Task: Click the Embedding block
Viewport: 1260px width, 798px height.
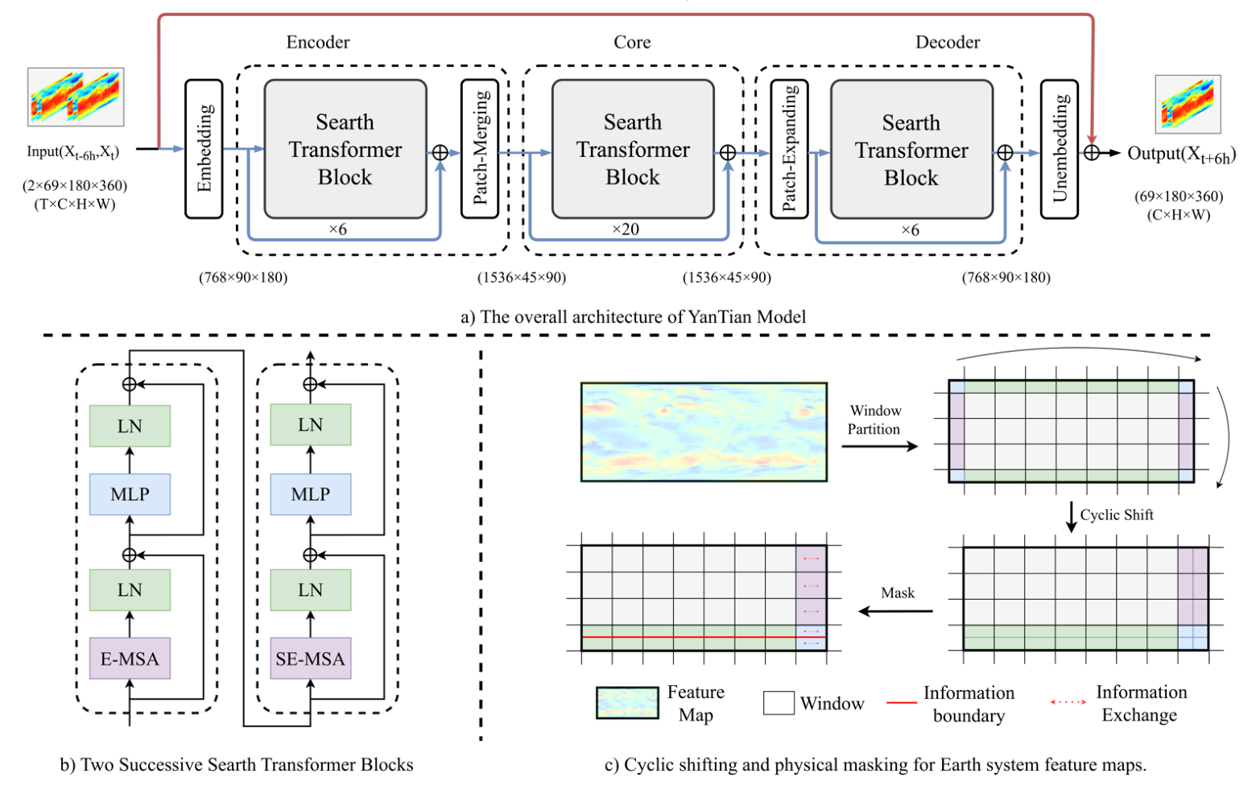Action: tap(204, 149)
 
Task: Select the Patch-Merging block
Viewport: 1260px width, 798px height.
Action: tap(480, 149)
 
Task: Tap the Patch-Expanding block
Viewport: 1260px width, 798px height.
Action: tap(789, 149)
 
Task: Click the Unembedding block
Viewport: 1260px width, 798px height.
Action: tap(1059, 149)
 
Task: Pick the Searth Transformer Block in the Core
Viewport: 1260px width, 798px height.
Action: tap(633, 149)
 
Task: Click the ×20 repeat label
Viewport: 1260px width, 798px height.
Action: tap(626, 229)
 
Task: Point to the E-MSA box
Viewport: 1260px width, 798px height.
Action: tap(130, 659)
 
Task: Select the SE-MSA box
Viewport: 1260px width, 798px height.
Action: tap(310, 659)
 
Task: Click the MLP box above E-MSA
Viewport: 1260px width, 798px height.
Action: tap(130, 494)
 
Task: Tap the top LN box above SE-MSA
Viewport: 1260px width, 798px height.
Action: tap(310, 425)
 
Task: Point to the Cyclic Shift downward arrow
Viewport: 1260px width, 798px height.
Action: tap(1071, 516)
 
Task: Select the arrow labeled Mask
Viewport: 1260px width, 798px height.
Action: tap(895, 611)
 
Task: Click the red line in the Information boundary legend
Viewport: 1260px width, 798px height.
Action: tap(902, 703)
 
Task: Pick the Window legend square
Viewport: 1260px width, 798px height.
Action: tap(779, 703)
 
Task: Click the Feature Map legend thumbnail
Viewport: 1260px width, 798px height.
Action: tap(627, 703)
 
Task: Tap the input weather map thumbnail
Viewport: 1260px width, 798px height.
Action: tap(76, 97)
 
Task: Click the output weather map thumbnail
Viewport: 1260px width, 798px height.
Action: tap(1188, 105)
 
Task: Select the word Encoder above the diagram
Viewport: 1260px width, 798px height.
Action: tap(318, 42)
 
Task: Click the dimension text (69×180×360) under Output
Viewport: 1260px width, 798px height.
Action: tap(1179, 196)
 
